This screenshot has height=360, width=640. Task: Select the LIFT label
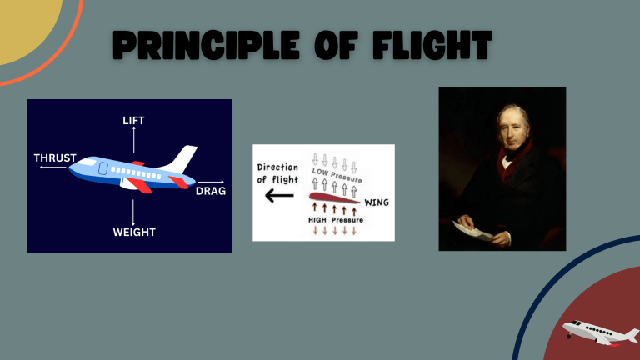[133, 121]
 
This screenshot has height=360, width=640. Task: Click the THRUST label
[55, 157]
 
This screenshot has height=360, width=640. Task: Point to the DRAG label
[211, 191]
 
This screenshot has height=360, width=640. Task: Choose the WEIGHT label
[134, 232]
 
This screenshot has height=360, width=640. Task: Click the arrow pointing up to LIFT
[133, 142]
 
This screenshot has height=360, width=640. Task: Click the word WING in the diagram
[377, 202]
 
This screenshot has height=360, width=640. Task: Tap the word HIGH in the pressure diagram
[317, 221]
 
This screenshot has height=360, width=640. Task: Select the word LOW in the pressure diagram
[321, 172]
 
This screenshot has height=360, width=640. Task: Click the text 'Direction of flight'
[277, 173]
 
